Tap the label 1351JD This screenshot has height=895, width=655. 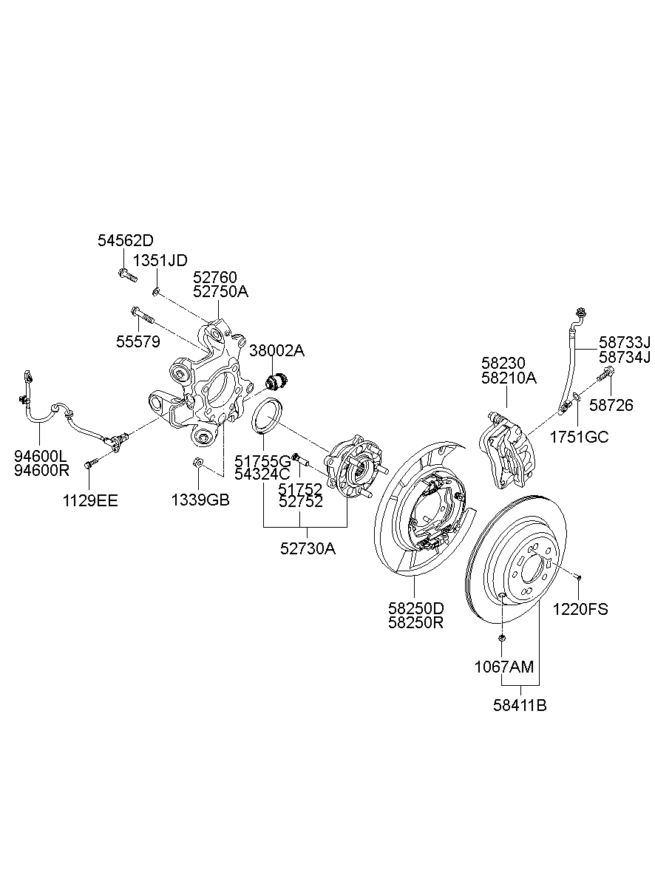pyautogui.click(x=160, y=259)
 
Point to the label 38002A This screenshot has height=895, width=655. pyautogui.click(x=276, y=350)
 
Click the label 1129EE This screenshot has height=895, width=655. pyautogui.click(x=90, y=500)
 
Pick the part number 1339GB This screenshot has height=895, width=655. pyautogui.click(x=200, y=500)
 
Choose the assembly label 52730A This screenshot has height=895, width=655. pyautogui.click(x=308, y=549)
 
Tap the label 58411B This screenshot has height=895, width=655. pyautogui.click(x=520, y=705)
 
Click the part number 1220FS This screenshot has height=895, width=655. pyautogui.click(x=580, y=610)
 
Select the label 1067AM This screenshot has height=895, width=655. pyautogui.click(x=503, y=667)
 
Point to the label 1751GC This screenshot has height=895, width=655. pyautogui.click(x=579, y=438)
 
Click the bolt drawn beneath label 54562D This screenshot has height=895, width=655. pyautogui.click(x=126, y=276)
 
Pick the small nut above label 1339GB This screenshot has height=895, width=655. pyautogui.click(x=196, y=463)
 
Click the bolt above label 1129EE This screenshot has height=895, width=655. pyautogui.click(x=90, y=463)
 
